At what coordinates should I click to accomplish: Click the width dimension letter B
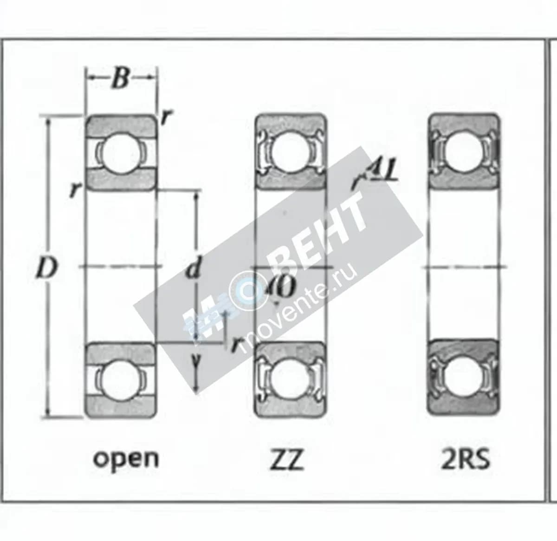click(x=121, y=78)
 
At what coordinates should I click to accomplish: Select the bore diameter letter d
click(x=194, y=268)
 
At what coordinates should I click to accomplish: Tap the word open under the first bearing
click(x=126, y=459)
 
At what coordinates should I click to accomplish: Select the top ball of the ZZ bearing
click(x=290, y=151)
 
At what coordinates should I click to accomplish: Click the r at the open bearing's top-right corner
click(x=164, y=118)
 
